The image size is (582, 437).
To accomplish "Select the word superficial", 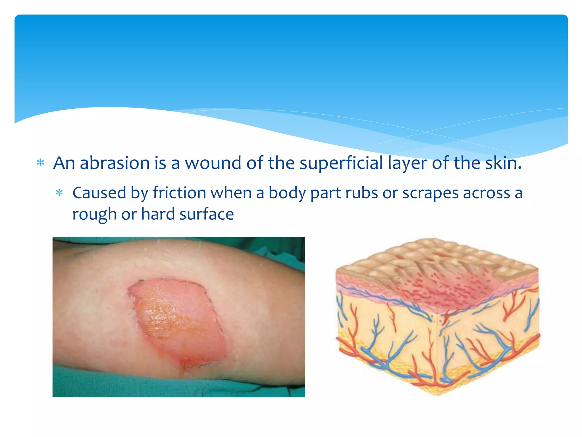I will [341, 163].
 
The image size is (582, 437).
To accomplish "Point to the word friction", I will [179, 193].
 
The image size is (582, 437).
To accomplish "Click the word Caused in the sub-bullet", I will [99, 193].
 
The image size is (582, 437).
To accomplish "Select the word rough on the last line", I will [94, 215].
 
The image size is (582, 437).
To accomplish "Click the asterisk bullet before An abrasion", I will [41, 163].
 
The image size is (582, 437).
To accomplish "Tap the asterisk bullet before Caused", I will [59, 193].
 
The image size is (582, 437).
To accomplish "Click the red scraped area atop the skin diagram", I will [443, 287].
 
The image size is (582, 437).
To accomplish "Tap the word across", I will [486, 193].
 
